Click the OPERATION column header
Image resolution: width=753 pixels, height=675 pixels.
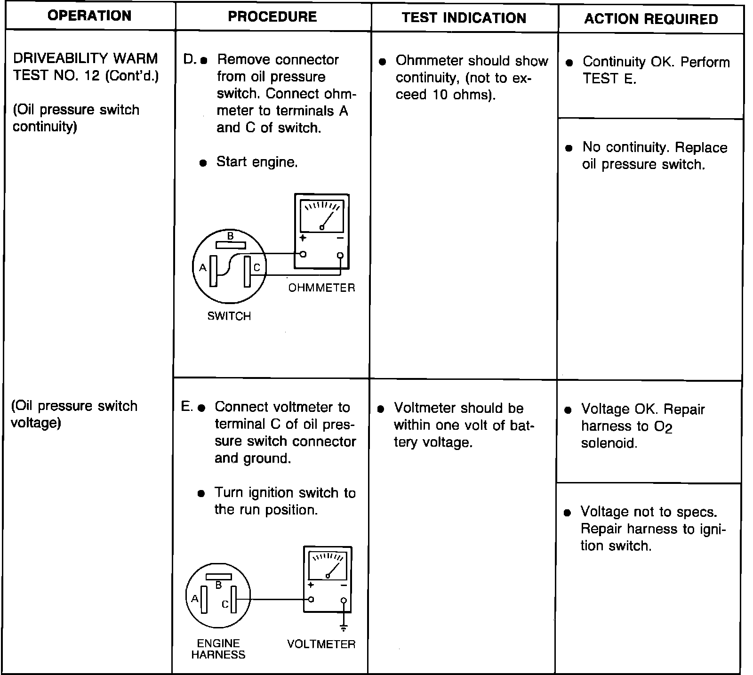coord(89,16)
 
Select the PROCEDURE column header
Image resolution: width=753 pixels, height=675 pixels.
coord(272,16)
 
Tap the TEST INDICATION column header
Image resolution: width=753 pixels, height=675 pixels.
coord(464,18)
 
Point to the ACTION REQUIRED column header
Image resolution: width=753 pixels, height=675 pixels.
coord(651,19)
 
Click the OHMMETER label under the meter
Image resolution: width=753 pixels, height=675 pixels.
coord(321,288)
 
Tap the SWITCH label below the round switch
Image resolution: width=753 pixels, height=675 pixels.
coord(229,316)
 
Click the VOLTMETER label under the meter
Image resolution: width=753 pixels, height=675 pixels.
coord(321,644)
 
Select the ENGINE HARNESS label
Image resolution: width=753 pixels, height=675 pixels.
coord(218,649)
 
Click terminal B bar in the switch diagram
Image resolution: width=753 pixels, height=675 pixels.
coord(231,245)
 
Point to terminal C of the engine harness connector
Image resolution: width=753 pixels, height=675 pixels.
coord(234,599)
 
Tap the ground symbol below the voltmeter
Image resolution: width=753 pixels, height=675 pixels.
coord(344,627)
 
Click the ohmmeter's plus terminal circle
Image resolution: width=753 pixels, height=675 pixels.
coord(303,254)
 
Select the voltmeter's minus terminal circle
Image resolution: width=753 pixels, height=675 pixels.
coord(344,601)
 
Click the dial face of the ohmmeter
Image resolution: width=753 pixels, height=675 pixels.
coord(322,215)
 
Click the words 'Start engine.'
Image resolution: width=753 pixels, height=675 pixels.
coord(256,162)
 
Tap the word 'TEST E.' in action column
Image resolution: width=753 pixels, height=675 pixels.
coord(609,79)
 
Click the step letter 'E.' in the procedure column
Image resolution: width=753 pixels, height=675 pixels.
coord(187,407)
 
